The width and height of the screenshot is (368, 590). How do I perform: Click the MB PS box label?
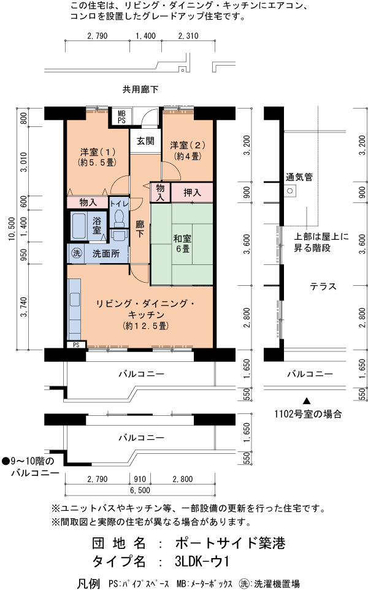121,117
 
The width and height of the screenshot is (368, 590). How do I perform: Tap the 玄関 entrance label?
145,141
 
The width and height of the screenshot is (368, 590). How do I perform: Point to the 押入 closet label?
192,193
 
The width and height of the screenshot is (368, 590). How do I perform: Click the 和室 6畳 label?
182,243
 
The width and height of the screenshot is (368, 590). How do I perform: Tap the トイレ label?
119,204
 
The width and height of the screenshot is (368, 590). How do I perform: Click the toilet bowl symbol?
119,218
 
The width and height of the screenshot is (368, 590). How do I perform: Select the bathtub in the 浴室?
79,226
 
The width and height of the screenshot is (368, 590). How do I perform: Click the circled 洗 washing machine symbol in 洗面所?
77,253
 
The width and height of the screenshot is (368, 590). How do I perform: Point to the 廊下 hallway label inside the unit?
140,229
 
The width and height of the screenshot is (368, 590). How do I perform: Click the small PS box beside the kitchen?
77,345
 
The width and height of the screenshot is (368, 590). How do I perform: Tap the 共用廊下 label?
140,90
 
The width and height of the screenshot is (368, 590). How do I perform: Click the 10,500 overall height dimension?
13,228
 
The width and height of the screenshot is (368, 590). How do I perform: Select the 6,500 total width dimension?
140,490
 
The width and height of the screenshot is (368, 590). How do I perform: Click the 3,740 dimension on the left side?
24,307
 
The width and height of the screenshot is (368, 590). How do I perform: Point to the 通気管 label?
299,177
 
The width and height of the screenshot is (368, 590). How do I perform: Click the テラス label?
323,287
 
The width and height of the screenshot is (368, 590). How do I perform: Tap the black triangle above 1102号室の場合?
307,401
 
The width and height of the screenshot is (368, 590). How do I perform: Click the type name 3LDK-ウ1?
202,562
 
